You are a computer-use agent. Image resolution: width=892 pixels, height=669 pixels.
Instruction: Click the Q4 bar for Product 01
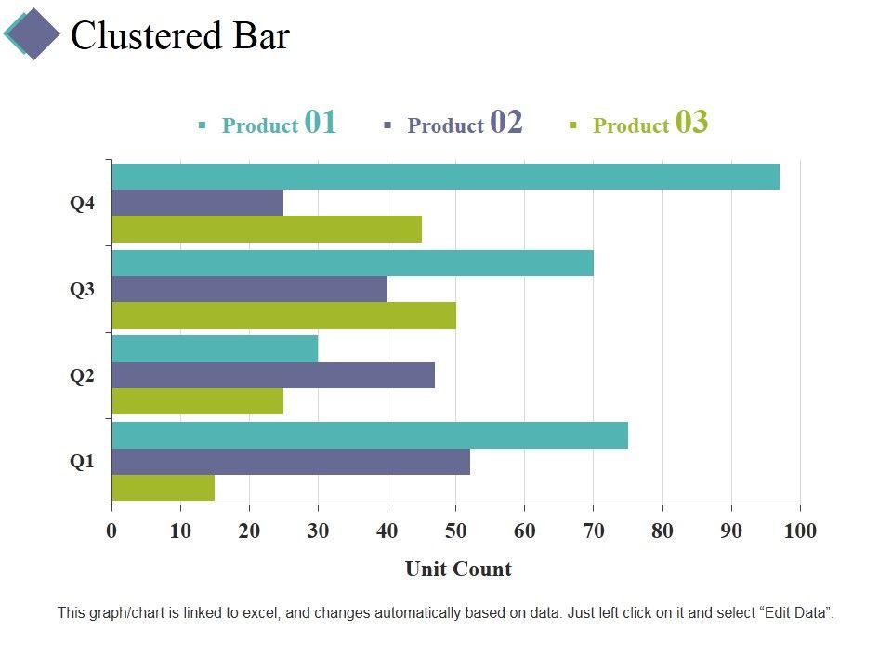[x=445, y=177]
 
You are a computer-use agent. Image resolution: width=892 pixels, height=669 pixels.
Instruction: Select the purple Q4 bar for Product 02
[x=197, y=203]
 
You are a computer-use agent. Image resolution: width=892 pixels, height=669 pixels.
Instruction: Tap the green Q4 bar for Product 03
[x=267, y=229]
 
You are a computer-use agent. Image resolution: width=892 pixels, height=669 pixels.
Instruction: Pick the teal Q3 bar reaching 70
[x=352, y=263]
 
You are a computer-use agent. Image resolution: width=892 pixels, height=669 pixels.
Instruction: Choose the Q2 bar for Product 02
[x=273, y=375]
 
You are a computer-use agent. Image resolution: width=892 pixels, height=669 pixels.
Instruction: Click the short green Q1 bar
[x=163, y=488]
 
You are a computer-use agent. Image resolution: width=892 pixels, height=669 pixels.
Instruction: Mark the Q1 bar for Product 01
[x=370, y=435]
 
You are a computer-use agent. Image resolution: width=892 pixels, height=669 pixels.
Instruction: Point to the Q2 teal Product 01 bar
[x=215, y=349]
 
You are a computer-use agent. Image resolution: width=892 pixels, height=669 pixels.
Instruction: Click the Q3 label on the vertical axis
[x=83, y=289]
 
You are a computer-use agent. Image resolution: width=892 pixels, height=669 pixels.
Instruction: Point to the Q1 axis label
[x=83, y=462]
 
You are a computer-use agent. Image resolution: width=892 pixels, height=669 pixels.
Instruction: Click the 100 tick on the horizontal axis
[x=800, y=531]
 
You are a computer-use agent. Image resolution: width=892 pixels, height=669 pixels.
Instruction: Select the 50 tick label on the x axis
[x=455, y=531]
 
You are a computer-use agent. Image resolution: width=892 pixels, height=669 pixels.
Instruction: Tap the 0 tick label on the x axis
[x=111, y=531]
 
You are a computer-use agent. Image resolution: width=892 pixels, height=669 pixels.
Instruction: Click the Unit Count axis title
[x=458, y=569]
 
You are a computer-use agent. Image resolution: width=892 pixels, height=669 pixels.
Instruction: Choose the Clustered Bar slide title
[x=180, y=35]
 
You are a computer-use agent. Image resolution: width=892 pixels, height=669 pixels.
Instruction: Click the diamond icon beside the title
[x=33, y=33]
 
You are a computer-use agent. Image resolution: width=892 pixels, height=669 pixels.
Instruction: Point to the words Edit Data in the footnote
[x=797, y=613]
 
